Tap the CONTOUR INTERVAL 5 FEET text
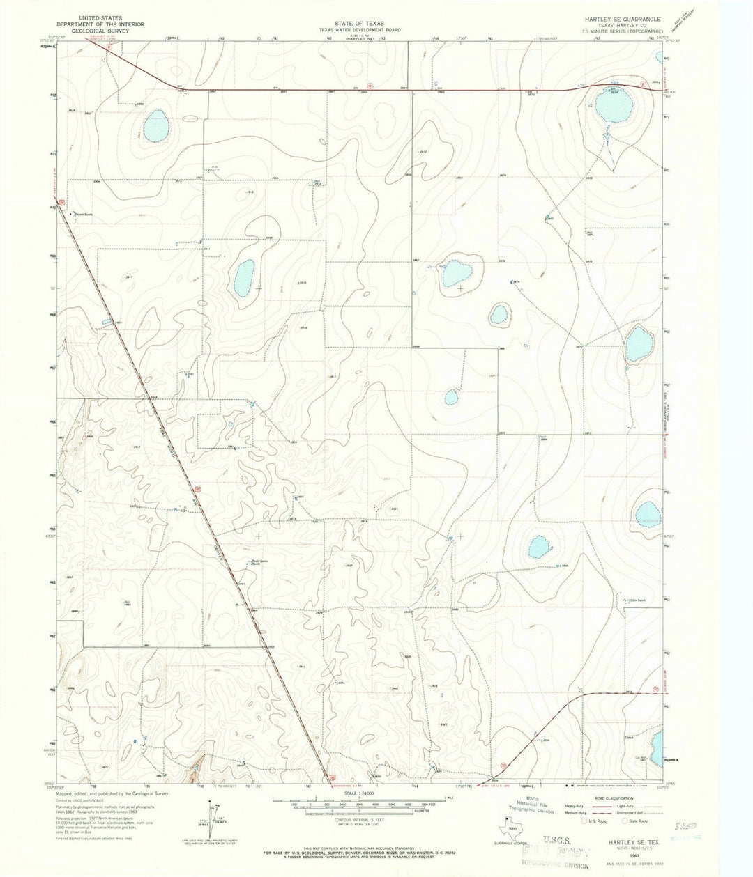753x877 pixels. (x=359, y=822)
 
